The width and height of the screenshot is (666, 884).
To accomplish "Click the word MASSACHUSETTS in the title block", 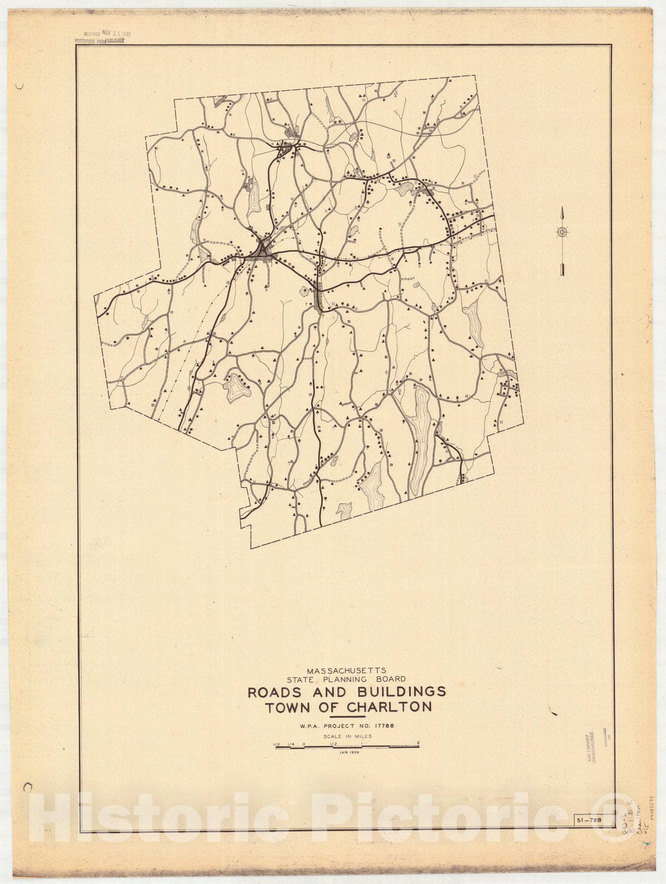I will tap(347, 670).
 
